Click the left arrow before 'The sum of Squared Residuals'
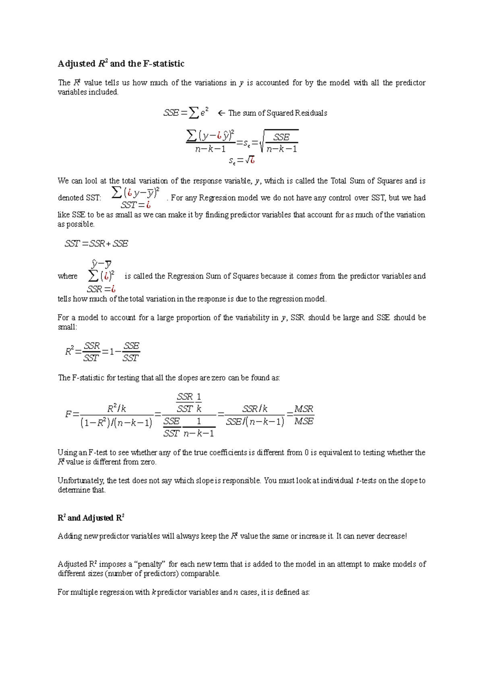tap(221, 113)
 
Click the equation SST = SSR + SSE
tap(97, 244)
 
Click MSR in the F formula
tap(303, 409)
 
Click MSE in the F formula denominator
tap(303, 422)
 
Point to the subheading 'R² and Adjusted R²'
tap(91, 518)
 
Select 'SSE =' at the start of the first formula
tap(175, 113)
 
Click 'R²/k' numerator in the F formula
tap(117, 409)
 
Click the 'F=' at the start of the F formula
tap(72, 414)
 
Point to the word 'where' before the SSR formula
tap(67, 276)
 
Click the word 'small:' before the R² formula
tap(67, 327)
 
